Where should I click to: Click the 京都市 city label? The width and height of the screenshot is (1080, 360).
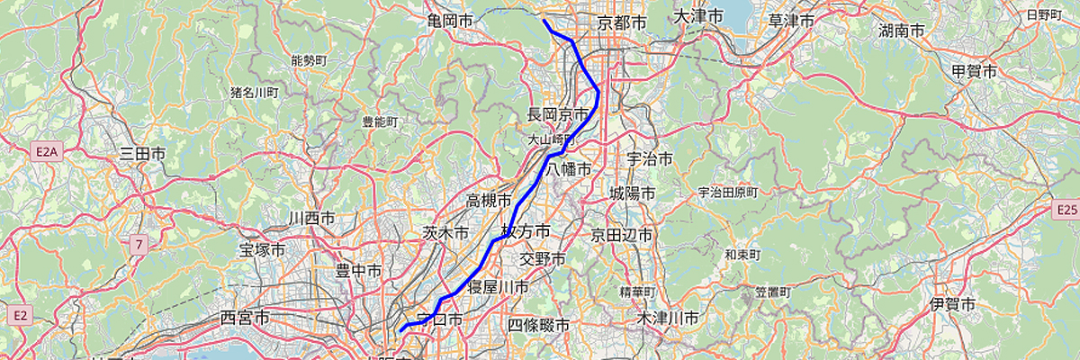click(623, 22)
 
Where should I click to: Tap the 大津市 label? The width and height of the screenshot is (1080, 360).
click(698, 17)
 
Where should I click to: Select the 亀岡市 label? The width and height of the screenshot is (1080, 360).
click(451, 20)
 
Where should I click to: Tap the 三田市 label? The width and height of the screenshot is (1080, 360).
click(142, 155)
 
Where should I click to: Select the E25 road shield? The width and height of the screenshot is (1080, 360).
click(1066, 210)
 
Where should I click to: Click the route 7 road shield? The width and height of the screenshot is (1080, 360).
click(138, 244)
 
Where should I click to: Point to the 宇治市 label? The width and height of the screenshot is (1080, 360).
click(650, 159)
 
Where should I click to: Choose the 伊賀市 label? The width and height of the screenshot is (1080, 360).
click(954, 305)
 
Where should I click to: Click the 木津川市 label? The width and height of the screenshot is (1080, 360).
click(667, 319)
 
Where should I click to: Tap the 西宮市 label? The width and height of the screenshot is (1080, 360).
click(245, 318)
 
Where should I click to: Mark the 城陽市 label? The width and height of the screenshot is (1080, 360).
click(632, 193)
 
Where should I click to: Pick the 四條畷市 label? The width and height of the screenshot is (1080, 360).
click(539, 325)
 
